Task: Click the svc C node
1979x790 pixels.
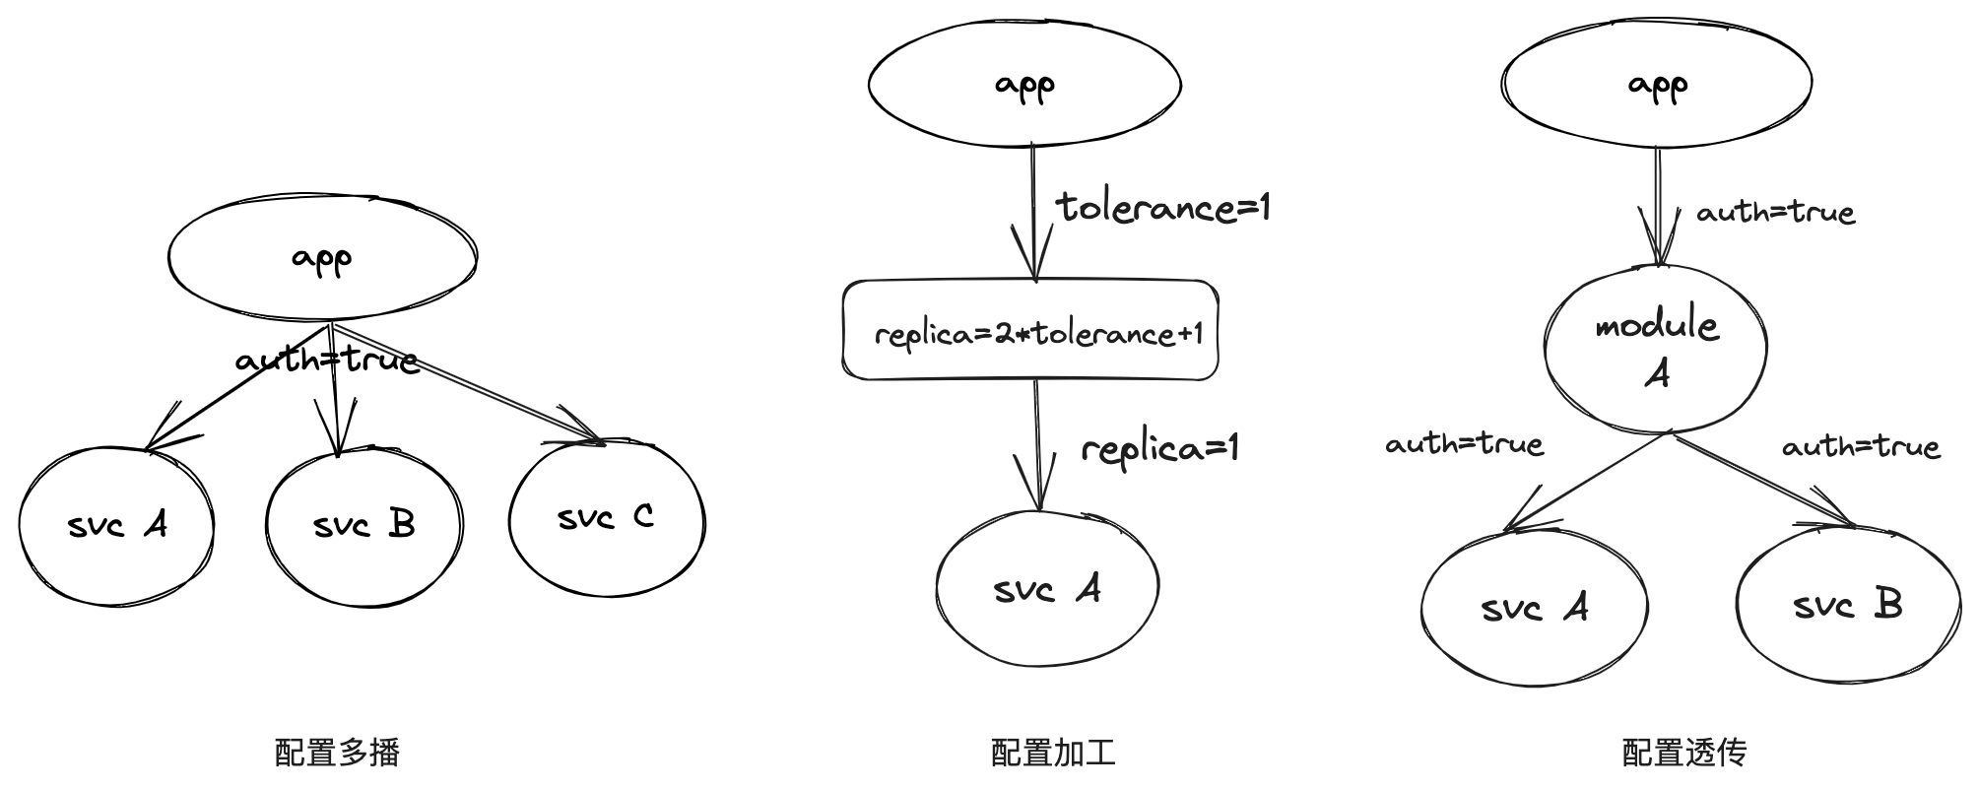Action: tap(607, 517)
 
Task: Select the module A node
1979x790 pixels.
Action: tap(1655, 349)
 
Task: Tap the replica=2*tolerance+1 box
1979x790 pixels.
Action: tap(1030, 331)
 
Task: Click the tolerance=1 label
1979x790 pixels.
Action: tap(1162, 207)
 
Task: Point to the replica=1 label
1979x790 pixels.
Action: tap(1158, 449)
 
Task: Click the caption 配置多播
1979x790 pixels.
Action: tap(337, 753)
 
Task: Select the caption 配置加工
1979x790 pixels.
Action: tap(1053, 753)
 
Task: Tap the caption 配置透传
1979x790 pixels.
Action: tap(1683, 753)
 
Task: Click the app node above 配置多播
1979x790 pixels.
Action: tap(322, 258)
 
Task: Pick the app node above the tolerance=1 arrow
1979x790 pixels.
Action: tap(1024, 85)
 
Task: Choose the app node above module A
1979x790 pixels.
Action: tap(1657, 85)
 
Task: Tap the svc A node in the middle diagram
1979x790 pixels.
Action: tap(1046, 589)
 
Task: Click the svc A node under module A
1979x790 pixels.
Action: tap(1534, 608)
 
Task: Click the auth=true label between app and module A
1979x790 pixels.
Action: tap(1775, 212)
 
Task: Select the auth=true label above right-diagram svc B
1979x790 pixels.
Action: tap(1860, 447)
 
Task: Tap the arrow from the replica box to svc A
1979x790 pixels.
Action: tap(1038, 443)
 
